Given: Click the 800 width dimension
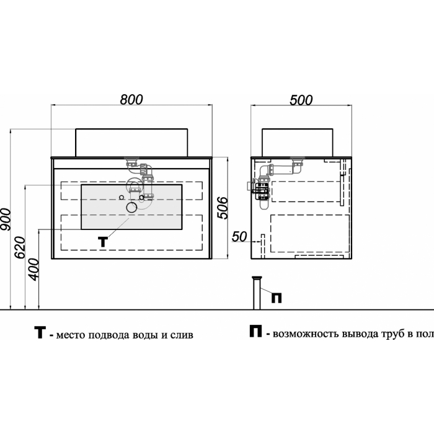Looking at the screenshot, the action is click(131, 100).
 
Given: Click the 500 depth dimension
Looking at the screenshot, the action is click(301, 100).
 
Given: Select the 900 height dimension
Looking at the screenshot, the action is click(6, 219).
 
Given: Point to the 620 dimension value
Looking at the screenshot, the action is click(20, 247).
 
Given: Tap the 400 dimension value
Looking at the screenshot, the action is click(34, 269).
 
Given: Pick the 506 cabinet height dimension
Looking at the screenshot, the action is click(222, 208).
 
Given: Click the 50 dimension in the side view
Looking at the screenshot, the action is click(239, 237).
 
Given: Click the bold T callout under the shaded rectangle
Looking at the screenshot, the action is click(103, 242).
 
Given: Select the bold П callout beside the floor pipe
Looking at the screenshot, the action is click(277, 298).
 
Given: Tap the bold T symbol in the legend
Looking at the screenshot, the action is click(40, 332).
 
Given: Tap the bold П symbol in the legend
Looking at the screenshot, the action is click(255, 331).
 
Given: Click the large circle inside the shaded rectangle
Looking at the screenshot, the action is click(131, 207).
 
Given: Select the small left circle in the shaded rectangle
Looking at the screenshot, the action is click(122, 197).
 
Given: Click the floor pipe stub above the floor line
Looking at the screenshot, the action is click(257, 293).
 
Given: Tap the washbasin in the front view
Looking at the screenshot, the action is click(131, 143).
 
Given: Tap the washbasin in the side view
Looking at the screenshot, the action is click(298, 143).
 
